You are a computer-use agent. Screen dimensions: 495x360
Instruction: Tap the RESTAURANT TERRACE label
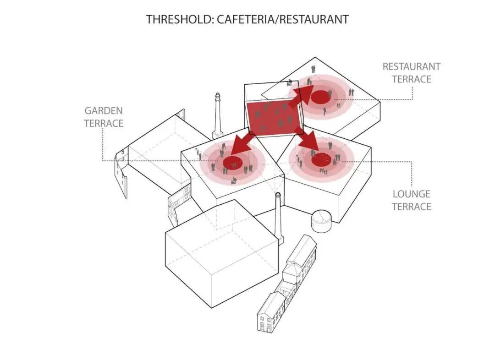pyautogui.click(x=411, y=73)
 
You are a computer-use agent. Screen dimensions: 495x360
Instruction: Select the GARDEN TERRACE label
pyautogui.click(x=104, y=117)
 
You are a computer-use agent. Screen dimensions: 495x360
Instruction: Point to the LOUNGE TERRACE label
pyautogui.click(x=412, y=200)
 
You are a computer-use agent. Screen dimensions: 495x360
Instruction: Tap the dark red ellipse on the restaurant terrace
pyautogui.click(x=321, y=96)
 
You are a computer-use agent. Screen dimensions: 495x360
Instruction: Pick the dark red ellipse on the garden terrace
pyautogui.click(x=233, y=163)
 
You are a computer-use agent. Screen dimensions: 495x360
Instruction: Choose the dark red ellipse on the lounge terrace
pyautogui.click(x=321, y=160)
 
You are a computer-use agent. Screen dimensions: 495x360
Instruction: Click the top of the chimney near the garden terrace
pyautogui.click(x=218, y=95)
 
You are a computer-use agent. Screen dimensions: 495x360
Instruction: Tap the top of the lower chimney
pyautogui.click(x=278, y=195)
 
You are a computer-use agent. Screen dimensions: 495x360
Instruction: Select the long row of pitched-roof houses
pyautogui.click(x=286, y=284)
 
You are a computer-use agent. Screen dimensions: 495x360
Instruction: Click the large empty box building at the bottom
pyautogui.click(x=222, y=254)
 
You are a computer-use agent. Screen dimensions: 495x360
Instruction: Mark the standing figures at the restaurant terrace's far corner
pyautogui.click(x=313, y=69)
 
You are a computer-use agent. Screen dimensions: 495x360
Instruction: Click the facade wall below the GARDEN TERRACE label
pyautogui.click(x=121, y=170)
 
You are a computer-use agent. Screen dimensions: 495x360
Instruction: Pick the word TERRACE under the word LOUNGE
pyautogui.click(x=412, y=207)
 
